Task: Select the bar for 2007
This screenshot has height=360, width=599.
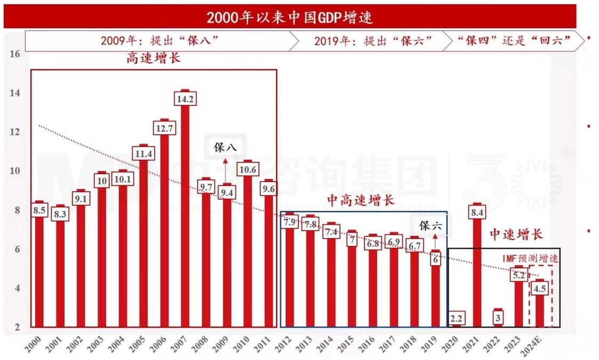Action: click(x=185, y=213)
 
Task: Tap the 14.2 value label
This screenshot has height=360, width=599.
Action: click(x=185, y=99)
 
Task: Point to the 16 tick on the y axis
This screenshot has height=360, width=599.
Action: click(x=15, y=54)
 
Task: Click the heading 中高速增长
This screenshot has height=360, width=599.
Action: click(x=360, y=201)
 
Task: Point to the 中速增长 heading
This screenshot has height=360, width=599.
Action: click(x=516, y=234)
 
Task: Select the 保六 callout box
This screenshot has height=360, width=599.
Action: click(x=431, y=226)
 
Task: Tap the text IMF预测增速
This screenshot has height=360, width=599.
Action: click(x=531, y=258)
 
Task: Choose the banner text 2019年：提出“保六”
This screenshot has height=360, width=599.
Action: click(x=373, y=40)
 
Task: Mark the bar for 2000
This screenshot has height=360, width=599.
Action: click(x=39, y=266)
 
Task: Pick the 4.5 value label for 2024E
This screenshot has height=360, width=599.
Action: click(x=540, y=289)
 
